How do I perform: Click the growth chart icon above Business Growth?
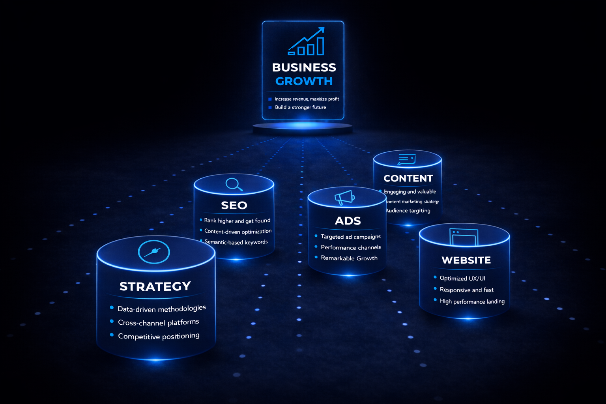(x=307, y=42)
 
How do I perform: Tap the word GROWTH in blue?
(x=304, y=81)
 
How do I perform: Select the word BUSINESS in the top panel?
(x=304, y=67)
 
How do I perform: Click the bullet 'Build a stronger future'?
(x=300, y=107)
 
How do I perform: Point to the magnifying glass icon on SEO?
(x=234, y=184)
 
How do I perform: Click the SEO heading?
(x=234, y=205)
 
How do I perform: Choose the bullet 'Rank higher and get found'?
(x=237, y=221)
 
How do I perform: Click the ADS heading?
(x=348, y=221)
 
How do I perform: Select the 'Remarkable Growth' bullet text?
(x=349, y=258)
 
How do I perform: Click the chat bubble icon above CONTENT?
(x=407, y=159)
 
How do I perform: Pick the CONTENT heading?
(x=408, y=178)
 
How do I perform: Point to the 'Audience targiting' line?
(x=408, y=211)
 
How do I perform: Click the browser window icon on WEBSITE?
(x=464, y=237)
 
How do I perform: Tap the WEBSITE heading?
(x=466, y=260)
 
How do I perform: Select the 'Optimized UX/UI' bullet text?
(x=462, y=279)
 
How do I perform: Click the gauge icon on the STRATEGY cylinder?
(x=154, y=252)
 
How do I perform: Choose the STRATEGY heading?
(x=155, y=286)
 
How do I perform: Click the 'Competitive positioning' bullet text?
(x=159, y=336)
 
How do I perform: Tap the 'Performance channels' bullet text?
(x=351, y=247)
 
